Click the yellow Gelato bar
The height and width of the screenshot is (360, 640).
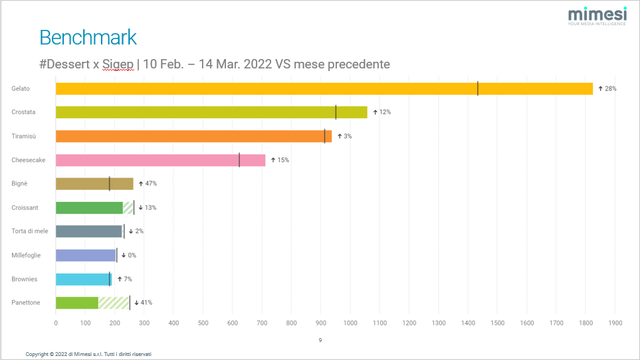324,88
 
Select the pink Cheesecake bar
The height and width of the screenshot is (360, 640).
160,160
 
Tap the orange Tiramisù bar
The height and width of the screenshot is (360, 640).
193,136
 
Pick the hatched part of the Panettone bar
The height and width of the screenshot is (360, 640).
114,303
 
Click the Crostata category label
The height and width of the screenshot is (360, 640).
23,112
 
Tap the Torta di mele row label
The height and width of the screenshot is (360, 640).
29,231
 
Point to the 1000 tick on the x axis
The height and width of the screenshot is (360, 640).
350,323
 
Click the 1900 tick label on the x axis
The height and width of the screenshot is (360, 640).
615,323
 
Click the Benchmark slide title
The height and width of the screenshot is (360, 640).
88,37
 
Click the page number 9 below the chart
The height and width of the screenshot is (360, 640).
320,340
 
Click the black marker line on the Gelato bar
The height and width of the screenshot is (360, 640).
478,88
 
